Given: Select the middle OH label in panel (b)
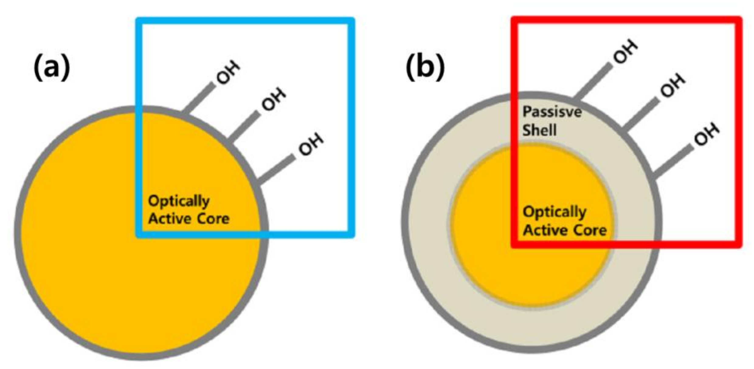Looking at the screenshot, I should [x=673, y=85].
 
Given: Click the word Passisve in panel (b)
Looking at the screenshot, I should [x=552, y=112].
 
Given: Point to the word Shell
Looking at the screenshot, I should [x=539, y=130].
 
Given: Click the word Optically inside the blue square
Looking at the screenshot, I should [x=179, y=201].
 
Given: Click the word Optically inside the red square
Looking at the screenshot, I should [x=555, y=212].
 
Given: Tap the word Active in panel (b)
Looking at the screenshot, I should [x=541, y=230].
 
